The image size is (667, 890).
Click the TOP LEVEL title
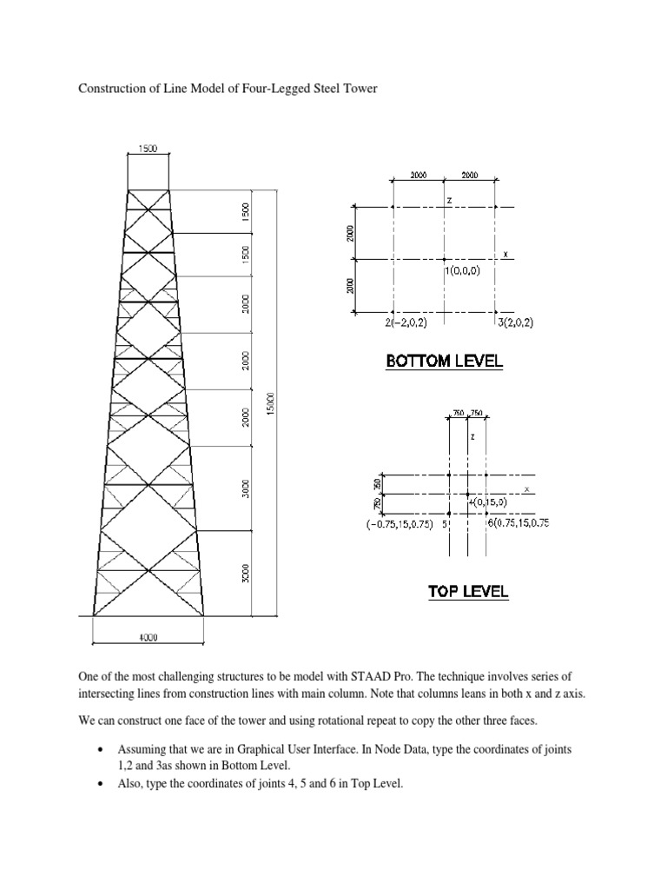click(x=467, y=592)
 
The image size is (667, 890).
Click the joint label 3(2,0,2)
click(x=516, y=322)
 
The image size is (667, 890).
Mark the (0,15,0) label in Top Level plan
click(x=489, y=501)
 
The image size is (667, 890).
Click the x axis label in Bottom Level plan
click(x=505, y=255)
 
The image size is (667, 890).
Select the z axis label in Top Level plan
click(x=472, y=437)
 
